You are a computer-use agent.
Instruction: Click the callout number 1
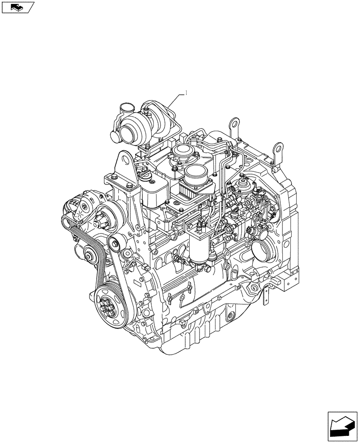click(186, 93)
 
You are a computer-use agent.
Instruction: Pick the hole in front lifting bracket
click(124, 160)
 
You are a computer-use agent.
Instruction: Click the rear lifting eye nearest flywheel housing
click(278, 147)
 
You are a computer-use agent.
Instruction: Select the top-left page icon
click(18, 7)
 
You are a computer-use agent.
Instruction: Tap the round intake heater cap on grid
click(195, 174)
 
